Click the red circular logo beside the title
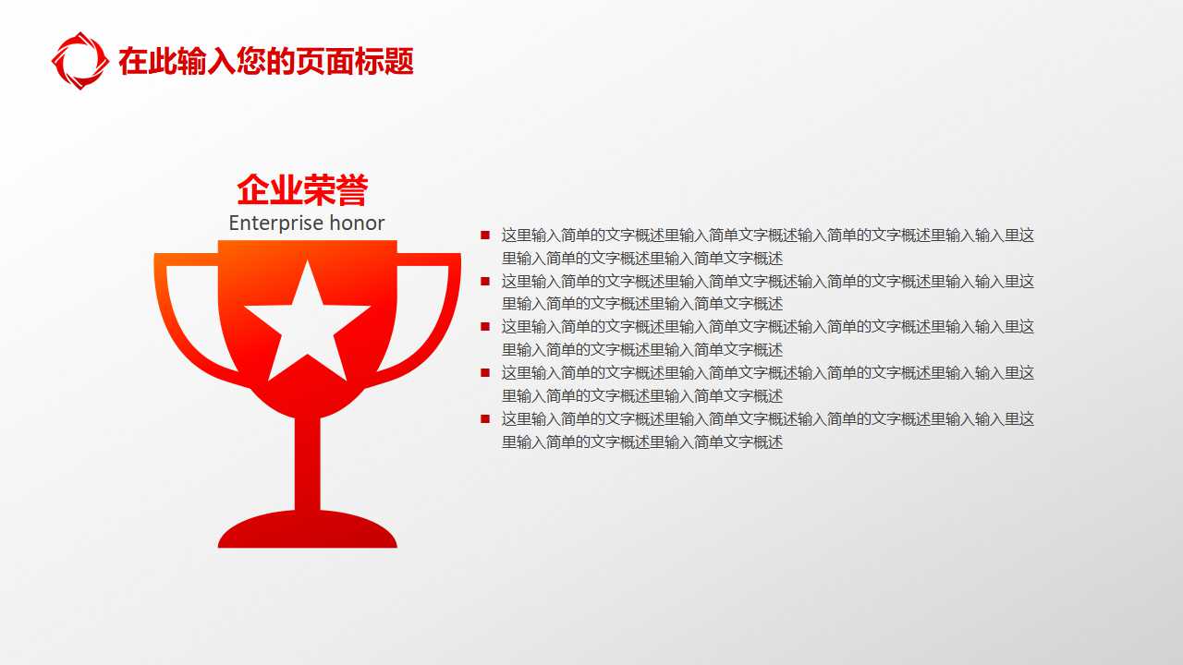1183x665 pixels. click(79, 61)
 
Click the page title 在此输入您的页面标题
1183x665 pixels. click(266, 62)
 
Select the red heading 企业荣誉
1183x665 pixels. click(302, 190)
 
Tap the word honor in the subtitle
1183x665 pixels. click(357, 224)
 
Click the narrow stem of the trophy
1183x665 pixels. click(308, 462)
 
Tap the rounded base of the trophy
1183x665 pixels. click(308, 532)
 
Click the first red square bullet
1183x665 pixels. click(484, 236)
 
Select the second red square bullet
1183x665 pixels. click(484, 281)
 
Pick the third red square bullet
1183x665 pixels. click(484, 326)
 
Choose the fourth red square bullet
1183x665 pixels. click(484, 372)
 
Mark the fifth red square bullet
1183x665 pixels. click(484, 418)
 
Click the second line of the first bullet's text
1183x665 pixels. click(642, 259)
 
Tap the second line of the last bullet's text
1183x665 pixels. click(642, 442)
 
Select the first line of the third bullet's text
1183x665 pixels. click(767, 327)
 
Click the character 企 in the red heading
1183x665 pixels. click(253, 191)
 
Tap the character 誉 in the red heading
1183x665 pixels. click(352, 191)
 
